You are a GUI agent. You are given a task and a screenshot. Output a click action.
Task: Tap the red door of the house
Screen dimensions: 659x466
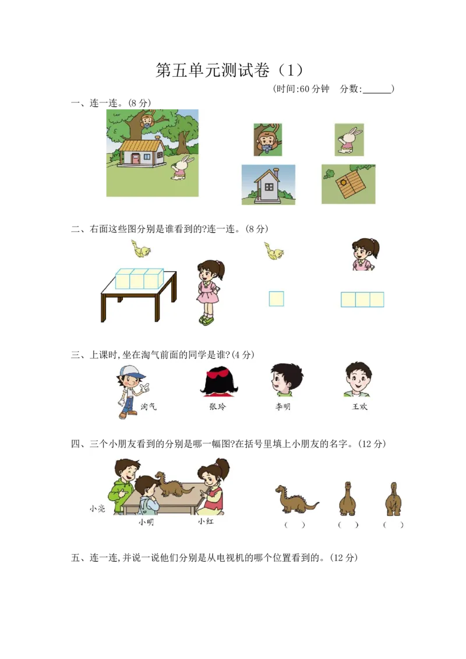pos(136,158)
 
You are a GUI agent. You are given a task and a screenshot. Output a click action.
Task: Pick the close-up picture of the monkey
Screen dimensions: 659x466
pos(267,140)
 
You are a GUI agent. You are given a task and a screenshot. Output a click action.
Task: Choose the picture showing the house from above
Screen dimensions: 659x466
pos(348,183)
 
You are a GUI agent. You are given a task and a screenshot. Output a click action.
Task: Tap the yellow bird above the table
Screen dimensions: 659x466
pos(141,249)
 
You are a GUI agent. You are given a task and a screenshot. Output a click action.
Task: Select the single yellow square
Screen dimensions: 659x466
pos(277,299)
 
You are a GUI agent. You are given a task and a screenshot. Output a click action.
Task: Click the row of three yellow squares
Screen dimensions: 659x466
pos(362,299)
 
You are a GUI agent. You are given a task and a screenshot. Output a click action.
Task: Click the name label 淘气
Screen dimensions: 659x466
pos(149,407)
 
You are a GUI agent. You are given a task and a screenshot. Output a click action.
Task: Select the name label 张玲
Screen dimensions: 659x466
pos(217,407)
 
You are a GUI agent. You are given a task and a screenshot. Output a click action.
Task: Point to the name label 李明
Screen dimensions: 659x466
pos(283,407)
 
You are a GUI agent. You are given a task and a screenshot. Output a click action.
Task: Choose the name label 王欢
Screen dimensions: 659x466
pos(359,407)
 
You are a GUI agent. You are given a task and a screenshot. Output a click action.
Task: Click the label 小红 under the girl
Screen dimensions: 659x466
pos(206,522)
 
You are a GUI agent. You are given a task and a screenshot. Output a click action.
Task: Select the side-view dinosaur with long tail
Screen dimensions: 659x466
pos(295,499)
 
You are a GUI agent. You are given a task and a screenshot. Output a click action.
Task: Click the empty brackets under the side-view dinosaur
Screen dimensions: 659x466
pos(295,525)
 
